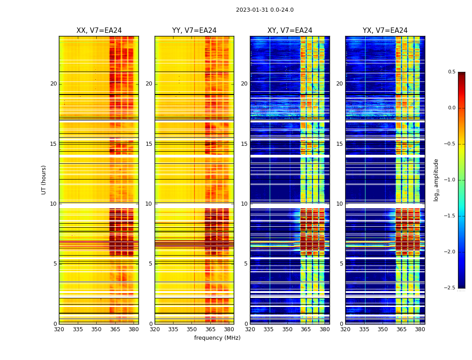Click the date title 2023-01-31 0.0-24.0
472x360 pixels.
(x=265, y=10)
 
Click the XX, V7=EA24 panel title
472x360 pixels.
(x=99, y=31)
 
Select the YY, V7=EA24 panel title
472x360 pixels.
(x=194, y=31)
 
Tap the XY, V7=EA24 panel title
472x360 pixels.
(x=290, y=31)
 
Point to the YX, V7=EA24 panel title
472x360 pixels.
(x=385, y=31)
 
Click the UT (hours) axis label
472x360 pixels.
(x=44, y=180)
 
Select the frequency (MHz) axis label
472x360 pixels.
(x=217, y=338)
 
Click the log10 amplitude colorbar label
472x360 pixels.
(x=436, y=180)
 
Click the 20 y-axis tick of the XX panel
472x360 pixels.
(x=53, y=84)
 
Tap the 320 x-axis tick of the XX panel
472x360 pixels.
(x=59, y=329)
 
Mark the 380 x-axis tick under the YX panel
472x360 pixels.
(x=420, y=329)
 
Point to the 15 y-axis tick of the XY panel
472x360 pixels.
(x=244, y=144)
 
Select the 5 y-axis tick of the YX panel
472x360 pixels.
(x=341, y=264)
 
